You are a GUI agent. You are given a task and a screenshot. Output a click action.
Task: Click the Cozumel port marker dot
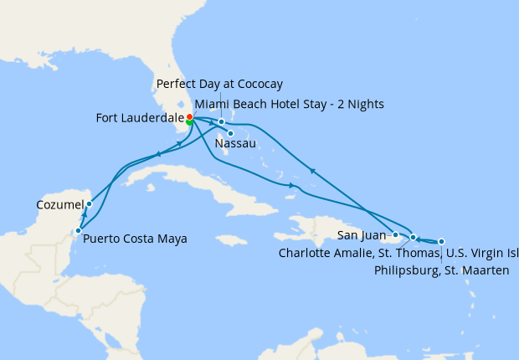point(89,203)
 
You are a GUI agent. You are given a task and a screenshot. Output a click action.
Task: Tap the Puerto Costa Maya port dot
point(78,230)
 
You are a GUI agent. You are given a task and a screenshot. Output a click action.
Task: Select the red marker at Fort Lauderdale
point(190,116)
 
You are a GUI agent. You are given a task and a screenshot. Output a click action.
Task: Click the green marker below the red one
point(190,122)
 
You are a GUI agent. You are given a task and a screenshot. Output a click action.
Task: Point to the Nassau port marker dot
point(230,132)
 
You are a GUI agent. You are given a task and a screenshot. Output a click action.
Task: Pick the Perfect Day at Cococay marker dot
point(221,122)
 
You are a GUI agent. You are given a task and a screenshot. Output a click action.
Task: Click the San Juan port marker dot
point(395,235)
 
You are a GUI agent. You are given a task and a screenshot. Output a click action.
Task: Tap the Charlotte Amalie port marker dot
point(413,238)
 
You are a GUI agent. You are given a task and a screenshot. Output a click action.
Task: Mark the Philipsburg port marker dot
point(441,241)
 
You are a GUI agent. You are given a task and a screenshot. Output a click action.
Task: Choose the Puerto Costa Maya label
point(135,239)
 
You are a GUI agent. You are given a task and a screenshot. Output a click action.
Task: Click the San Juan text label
point(362,235)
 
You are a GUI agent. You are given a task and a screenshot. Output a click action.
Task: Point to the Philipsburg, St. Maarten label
point(440,270)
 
